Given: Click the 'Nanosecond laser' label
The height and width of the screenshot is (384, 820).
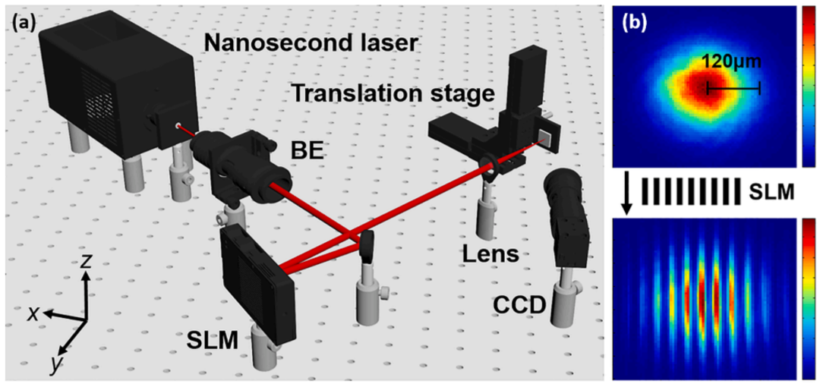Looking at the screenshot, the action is (311, 43).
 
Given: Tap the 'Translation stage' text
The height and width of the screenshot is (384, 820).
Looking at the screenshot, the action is (393, 94).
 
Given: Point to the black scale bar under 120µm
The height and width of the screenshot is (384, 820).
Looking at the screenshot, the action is (733, 90).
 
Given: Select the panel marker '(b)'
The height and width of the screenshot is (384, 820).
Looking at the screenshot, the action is (635, 23).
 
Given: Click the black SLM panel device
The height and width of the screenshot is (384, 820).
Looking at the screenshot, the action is (256, 282).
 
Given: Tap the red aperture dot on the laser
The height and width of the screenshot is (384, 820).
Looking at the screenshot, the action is (178, 126).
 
